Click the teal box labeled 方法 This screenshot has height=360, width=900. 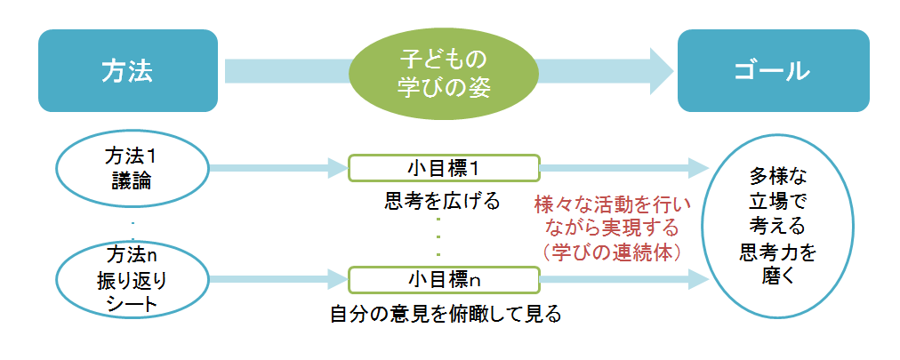pos(128,71)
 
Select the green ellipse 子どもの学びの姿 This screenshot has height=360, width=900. pos(442,72)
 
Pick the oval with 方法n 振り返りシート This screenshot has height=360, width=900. pos(133,278)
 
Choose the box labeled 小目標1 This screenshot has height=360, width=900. pos(442,167)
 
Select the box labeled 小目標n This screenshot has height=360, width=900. pos(442,278)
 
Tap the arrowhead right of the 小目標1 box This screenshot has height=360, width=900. pos(699,167)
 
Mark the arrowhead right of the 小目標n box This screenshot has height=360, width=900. pos(699,278)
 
